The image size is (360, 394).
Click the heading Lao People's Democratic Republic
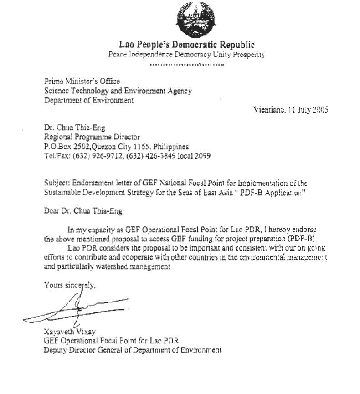(x=186, y=44)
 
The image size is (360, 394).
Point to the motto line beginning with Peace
(x=186, y=54)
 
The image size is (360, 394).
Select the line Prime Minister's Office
(x=82, y=81)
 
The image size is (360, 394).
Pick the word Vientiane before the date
(x=270, y=109)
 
